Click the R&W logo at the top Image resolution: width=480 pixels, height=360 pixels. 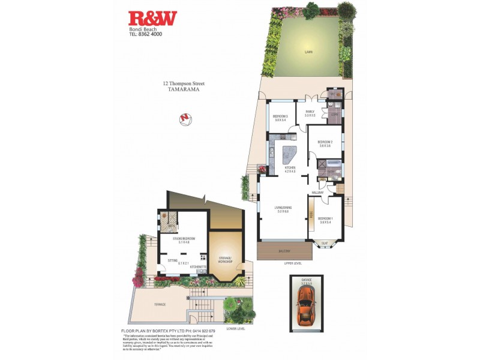coord(152,19)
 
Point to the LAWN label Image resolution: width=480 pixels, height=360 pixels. coord(308,52)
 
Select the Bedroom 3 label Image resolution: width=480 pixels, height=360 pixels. coord(281,116)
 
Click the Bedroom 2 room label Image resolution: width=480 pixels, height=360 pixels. coord(325,142)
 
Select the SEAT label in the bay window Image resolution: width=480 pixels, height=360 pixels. coord(325,243)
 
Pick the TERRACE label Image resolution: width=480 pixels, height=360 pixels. coord(160,304)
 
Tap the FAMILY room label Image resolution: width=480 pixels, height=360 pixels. coord(310,112)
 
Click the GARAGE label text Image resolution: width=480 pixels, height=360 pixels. coord(307,280)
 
